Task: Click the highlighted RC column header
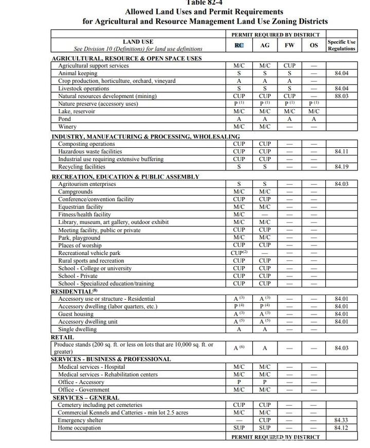pos(239,45)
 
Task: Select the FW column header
pos(289,45)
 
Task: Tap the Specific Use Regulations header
pos(341,45)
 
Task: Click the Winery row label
pos(67,127)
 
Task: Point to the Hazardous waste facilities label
pos(90,152)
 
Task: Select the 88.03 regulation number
pos(341,96)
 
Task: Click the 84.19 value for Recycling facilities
pos(341,167)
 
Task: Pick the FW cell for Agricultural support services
pos(289,66)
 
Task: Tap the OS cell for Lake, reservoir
pos(314,111)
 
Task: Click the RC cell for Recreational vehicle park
pos(239,253)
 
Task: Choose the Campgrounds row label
pos(75,192)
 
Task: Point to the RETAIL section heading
pos(62,337)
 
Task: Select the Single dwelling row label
pos(77,329)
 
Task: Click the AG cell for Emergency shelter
pos(265,420)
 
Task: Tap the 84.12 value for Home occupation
pos(341,428)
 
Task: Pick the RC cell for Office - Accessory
pos(239,382)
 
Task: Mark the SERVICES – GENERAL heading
pos(86,398)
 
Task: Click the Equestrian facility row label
pos(81,207)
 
